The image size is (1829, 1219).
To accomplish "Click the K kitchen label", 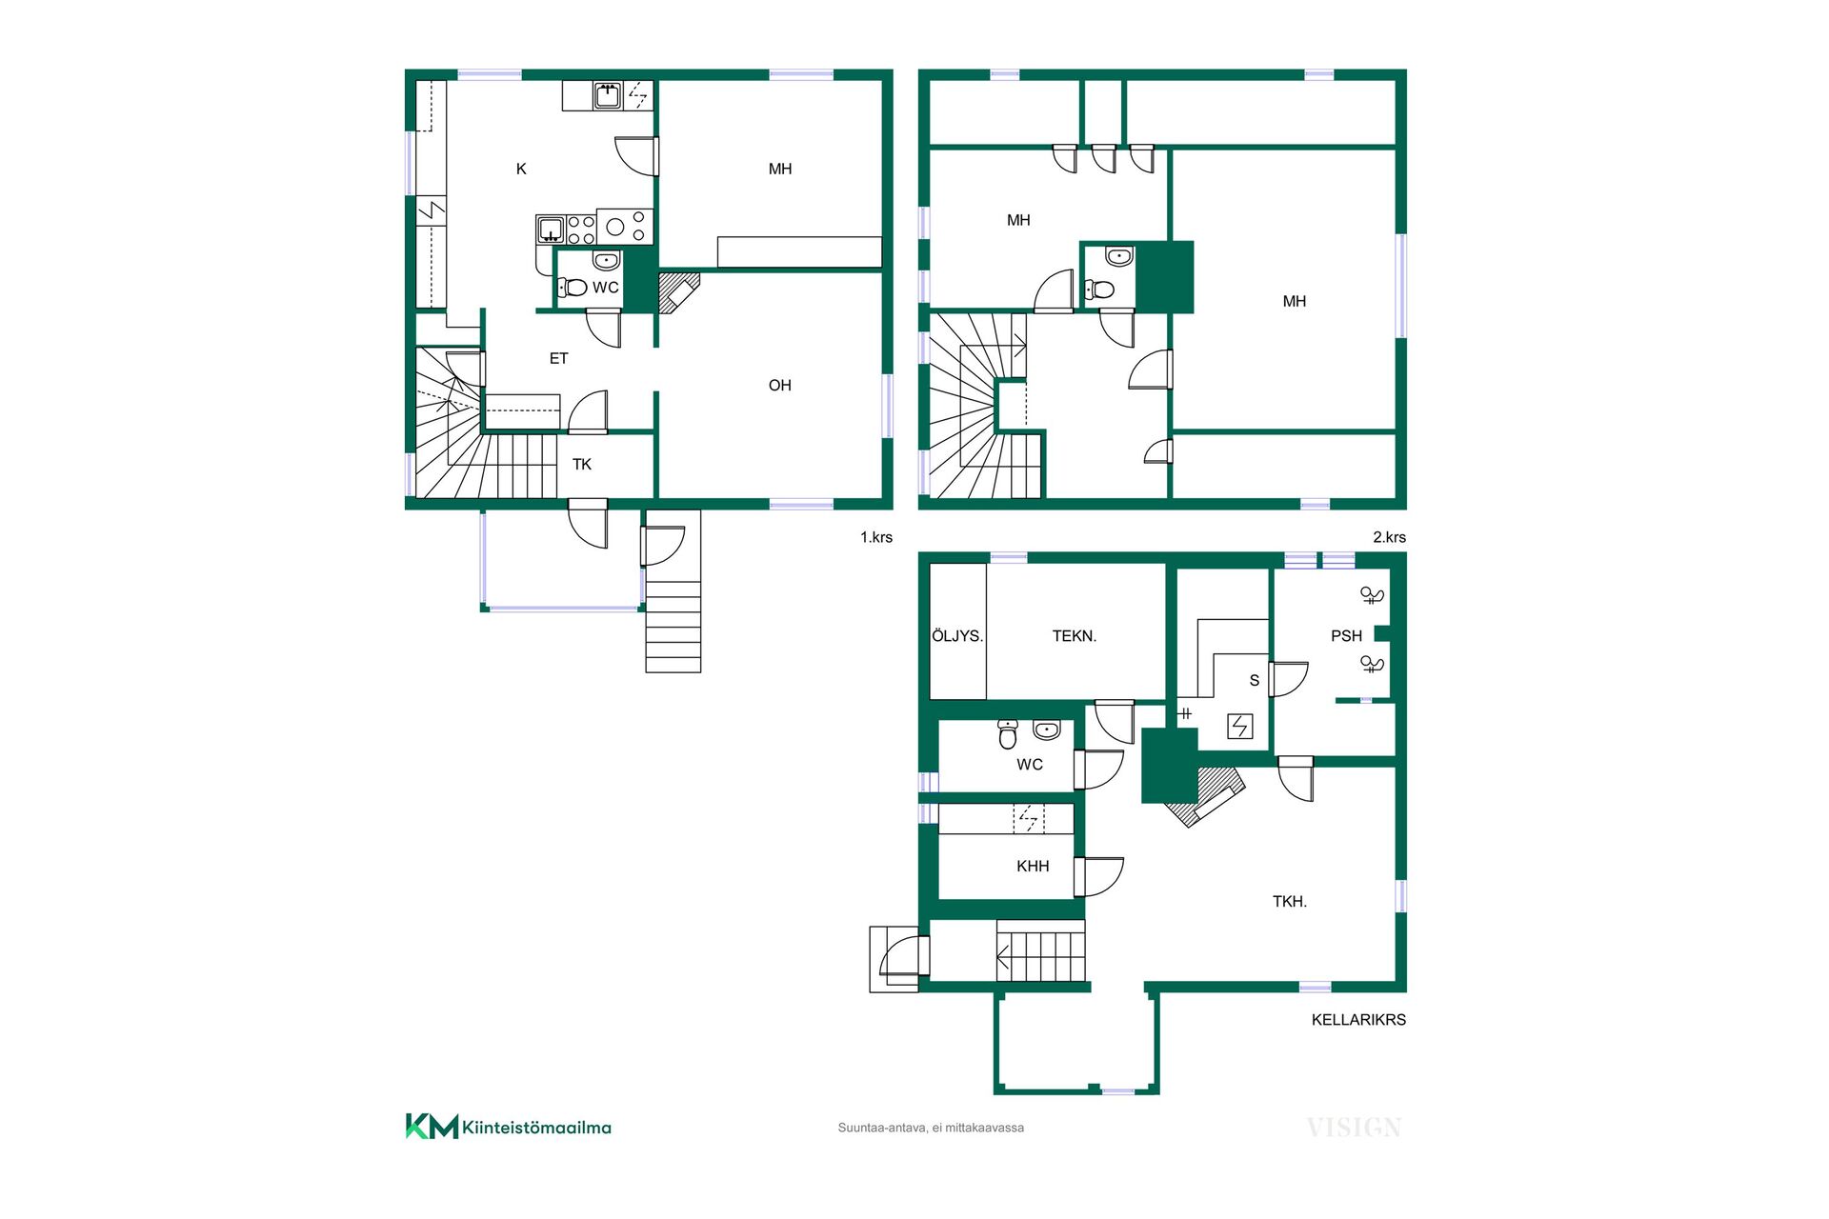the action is point(521,170).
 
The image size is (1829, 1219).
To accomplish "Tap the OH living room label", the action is point(780,386).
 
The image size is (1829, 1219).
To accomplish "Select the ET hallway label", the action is point(559,359).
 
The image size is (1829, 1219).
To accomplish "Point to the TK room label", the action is point(582,465).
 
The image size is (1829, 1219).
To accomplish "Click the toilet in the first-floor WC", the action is point(572,287).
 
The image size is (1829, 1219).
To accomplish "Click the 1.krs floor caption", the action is point(876,537).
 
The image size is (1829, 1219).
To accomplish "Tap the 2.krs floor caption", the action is point(1389,537).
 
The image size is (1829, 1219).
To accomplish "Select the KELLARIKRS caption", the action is point(1358,1020).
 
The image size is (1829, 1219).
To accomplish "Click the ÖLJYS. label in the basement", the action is point(957,635).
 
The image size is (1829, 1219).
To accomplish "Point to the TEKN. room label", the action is point(1075,636).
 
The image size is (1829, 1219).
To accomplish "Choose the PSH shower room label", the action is point(1346,636).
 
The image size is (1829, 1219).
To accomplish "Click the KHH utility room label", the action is point(1033,867).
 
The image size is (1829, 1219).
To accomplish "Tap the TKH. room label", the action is point(1290,902).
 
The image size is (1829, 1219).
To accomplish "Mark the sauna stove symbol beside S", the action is point(1239,727).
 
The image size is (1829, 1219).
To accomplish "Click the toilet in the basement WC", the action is point(1008,733).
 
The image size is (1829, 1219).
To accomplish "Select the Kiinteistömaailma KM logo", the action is point(509,1127).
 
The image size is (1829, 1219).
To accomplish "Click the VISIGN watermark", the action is point(1354,1129).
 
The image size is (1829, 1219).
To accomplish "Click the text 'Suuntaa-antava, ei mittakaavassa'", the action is point(931,1128).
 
